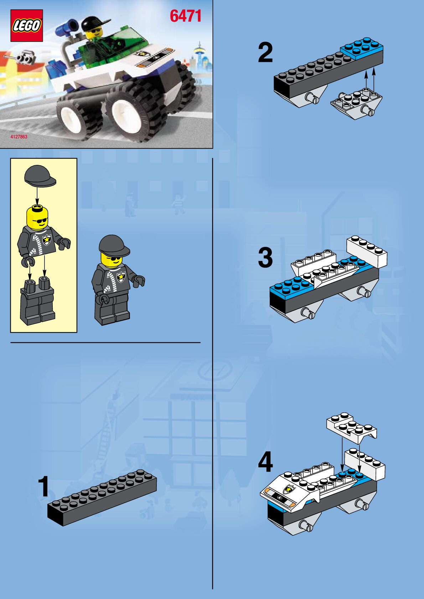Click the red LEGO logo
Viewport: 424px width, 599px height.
(27, 26)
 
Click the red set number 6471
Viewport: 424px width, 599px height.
(185, 16)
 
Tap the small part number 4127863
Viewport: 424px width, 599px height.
(19, 137)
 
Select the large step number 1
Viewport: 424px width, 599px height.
(43, 486)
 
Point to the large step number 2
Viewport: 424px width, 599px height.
(265, 53)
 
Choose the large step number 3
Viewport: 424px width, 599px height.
(265, 257)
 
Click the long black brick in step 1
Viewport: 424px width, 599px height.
(102, 498)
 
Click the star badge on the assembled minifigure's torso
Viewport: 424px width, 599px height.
(121, 276)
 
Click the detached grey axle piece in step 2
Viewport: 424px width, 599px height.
(356, 105)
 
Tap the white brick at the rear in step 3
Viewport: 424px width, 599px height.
(367, 251)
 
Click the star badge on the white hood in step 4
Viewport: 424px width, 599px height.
(289, 489)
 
